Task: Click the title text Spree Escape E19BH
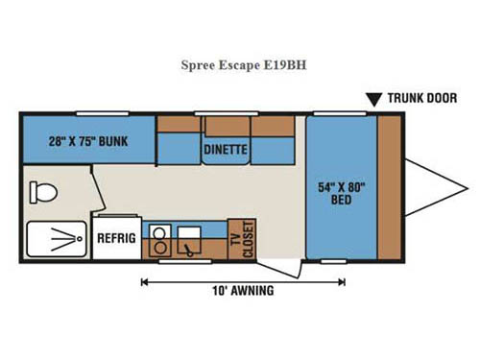[x=239, y=69]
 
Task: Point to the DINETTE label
[x=226, y=150]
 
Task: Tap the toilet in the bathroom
[x=42, y=192]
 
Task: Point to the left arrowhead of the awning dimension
[x=145, y=281]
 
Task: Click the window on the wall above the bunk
[x=96, y=114]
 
